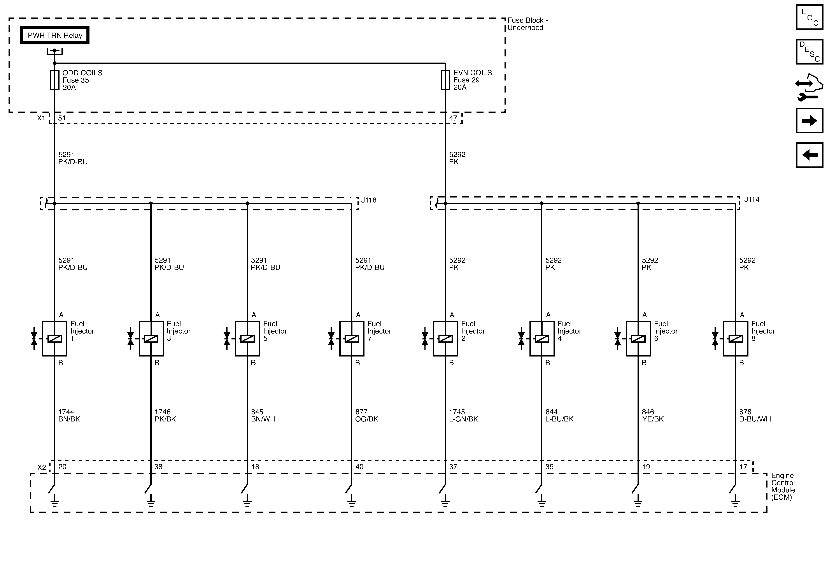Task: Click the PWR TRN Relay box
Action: (x=55, y=35)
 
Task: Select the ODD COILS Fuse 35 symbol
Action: (x=54, y=80)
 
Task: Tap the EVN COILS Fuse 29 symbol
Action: (x=445, y=80)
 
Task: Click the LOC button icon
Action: (x=809, y=17)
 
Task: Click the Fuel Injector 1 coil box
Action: (x=55, y=339)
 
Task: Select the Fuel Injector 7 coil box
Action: (x=352, y=339)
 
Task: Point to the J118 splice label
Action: (x=369, y=200)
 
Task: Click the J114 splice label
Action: (x=752, y=199)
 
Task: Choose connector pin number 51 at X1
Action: (x=62, y=118)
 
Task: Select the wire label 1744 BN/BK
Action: (x=69, y=415)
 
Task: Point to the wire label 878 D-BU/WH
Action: (x=755, y=415)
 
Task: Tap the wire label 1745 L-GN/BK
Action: (x=463, y=415)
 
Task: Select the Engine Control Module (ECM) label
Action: (x=783, y=486)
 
